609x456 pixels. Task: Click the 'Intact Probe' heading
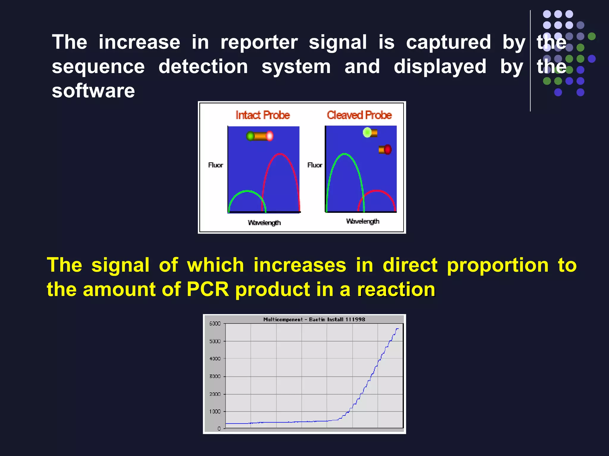[263, 115]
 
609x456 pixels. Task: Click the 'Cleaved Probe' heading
[359, 115]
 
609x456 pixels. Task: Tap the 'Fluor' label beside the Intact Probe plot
[215, 165]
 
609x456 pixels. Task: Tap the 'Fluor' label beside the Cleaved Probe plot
[315, 165]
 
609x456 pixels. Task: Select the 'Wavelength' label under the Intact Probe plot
[264, 223]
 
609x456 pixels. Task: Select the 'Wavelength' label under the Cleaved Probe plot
[362, 221]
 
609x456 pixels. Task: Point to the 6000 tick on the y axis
[215, 324]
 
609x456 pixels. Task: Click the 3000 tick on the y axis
[215, 376]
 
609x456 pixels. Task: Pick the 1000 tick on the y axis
[215, 411]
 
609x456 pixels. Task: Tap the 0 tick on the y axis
[219, 429]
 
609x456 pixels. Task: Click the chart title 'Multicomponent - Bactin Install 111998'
[314, 319]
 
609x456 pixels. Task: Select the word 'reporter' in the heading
[259, 42]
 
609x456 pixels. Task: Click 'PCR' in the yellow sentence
[208, 289]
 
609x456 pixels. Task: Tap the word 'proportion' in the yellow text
[497, 265]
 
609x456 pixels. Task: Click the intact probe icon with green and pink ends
[260, 136]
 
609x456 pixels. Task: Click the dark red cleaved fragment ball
[387, 150]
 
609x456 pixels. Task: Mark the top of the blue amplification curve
[397, 329]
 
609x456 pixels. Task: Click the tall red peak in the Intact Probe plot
[280, 154]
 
